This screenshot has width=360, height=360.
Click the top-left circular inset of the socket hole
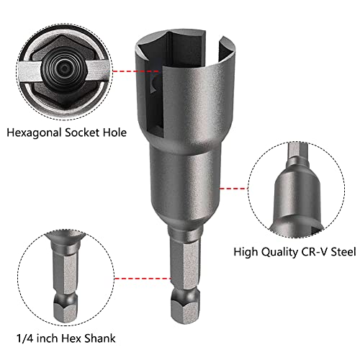(x=58, y=61)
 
